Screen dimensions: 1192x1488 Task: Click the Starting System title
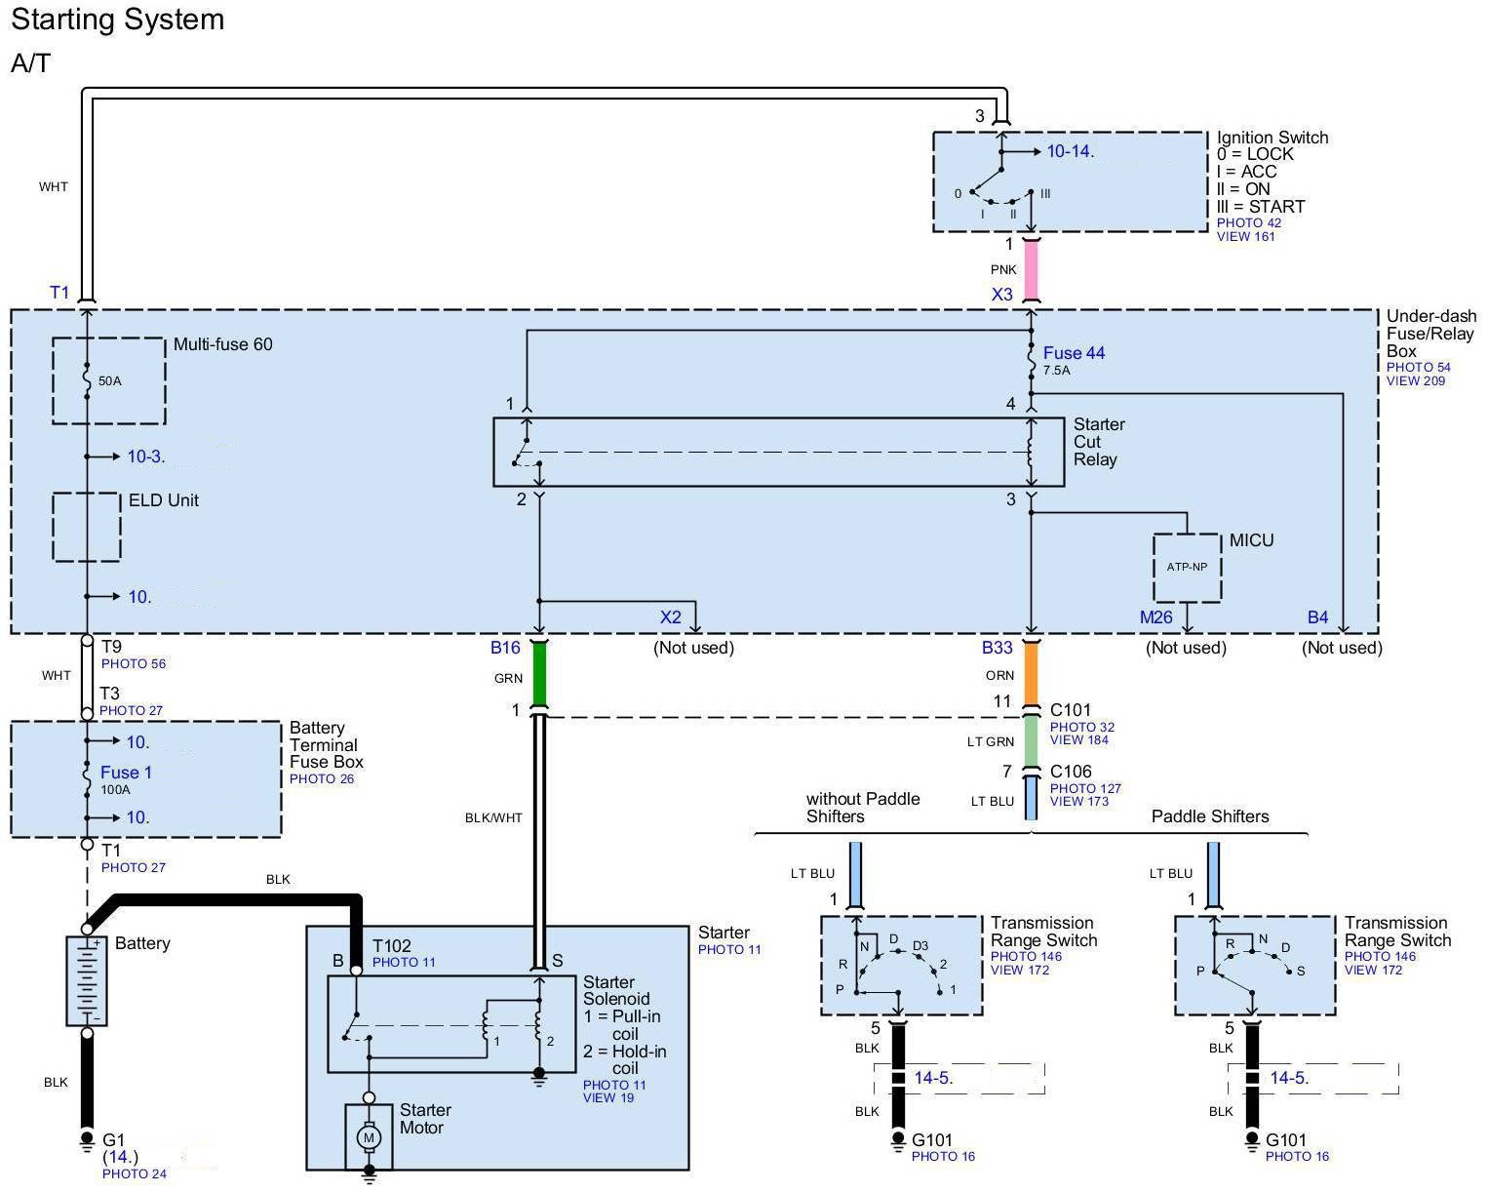point(118,20)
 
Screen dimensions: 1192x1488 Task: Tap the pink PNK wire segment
point(1031,271)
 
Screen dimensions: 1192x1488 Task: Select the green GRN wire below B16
point(539,674)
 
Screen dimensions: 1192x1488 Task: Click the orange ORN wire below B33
point(1031,674)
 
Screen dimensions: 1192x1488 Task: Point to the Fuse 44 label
point(1074,353)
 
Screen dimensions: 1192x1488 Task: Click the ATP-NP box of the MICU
point(1187,568)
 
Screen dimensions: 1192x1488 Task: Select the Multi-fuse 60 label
point(222,344)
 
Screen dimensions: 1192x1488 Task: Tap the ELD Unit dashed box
point(87,527)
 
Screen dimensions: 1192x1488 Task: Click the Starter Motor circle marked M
point(369,1136)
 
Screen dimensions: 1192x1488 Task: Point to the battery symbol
point(87,980)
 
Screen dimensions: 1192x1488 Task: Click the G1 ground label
point(114,1139)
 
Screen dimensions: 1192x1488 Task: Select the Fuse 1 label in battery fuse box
point(126,773)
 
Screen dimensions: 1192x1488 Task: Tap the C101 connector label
point(1071,710)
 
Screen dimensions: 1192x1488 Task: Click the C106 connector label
point(1071,772)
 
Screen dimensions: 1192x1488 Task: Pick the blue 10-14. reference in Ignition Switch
point(1070,151)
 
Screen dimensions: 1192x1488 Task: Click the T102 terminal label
point(392,945)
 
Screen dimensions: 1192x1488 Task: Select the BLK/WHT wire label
point(493,817)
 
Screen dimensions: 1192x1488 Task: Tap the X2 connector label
point(671,617)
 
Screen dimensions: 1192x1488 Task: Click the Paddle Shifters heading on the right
point(1210,816)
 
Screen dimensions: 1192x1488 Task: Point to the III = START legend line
point(1260,207)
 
